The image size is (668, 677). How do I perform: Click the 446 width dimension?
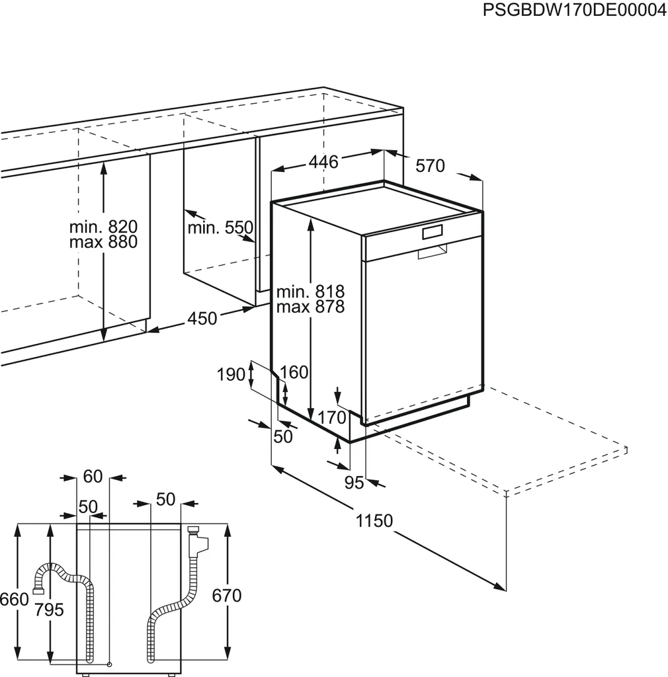point(324,162)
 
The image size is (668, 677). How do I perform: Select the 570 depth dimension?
point(431,166)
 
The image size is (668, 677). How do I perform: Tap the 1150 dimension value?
point(374,521)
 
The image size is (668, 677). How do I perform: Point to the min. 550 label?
point(220,228)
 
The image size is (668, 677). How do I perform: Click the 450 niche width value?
point(202,319)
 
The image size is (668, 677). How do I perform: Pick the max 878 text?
point(310,307)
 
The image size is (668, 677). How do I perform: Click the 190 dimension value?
point(231,375)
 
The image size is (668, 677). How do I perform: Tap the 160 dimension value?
point(294,372)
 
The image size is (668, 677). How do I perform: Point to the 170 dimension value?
point(333,418)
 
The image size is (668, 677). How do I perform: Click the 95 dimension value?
point(355,483)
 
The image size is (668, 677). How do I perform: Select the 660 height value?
point(14,599)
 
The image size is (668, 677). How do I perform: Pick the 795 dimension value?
point(50,609)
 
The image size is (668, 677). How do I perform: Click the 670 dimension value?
point(227,596)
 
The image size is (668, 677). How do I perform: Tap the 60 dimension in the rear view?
point(93,476)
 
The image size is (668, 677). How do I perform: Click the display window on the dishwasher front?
point(433,232)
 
